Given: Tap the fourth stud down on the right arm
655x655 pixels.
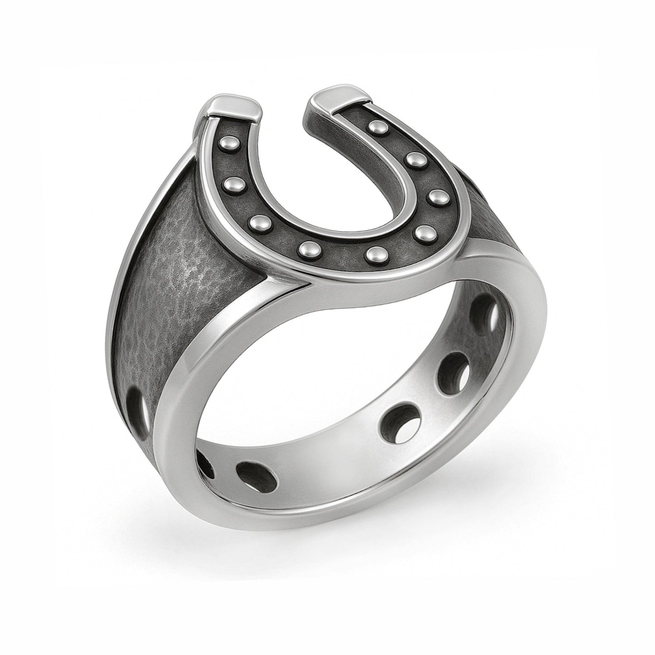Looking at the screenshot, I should pyautogui.click(x=424, y=233).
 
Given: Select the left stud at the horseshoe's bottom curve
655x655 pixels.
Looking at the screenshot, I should pyautogui.click(x=308, y=247).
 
